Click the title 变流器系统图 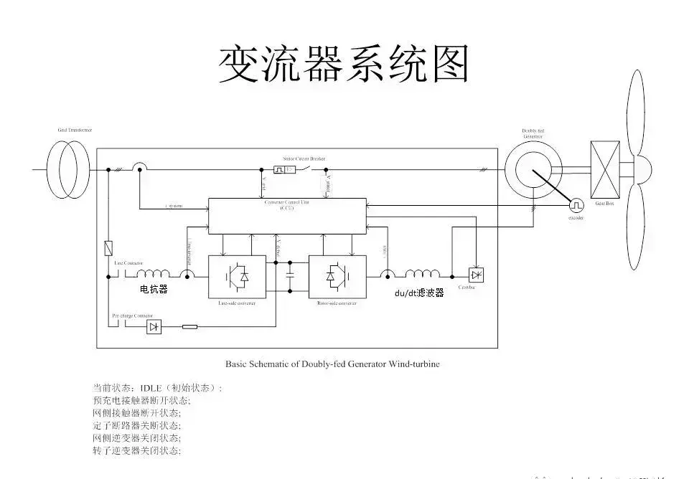click(x=344, y=65)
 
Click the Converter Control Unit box click(x=286, y=216)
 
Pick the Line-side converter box click(x=236, y=276)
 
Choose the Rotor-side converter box click(x=337, y=276)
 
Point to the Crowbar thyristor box click(x=475, y=275)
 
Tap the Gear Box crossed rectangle click(x=604, y=169)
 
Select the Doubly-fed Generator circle click(x=532, y=170)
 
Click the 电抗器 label click(x=154, y=290)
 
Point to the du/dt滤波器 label click(x=419, y=293)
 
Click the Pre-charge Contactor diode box click(x=153, y=327)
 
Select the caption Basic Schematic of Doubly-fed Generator click(x=332, y=364)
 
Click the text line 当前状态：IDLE click(x=158, y=388)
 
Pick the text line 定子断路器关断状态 click(x=136, y=425)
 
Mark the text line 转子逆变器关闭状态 click(x=136, y=450)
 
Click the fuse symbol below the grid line click(x=108, y=248)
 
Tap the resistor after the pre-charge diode click(x=189, y=327)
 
